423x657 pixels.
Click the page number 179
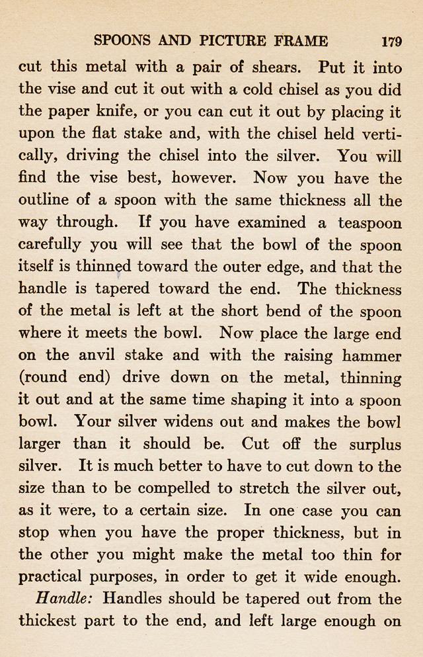pyautogui.click(x=392, y=41)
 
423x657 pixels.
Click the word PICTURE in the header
pyautogui.click(x=232, y=41)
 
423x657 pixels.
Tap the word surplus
pyautogui.click(x=373, y=444)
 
